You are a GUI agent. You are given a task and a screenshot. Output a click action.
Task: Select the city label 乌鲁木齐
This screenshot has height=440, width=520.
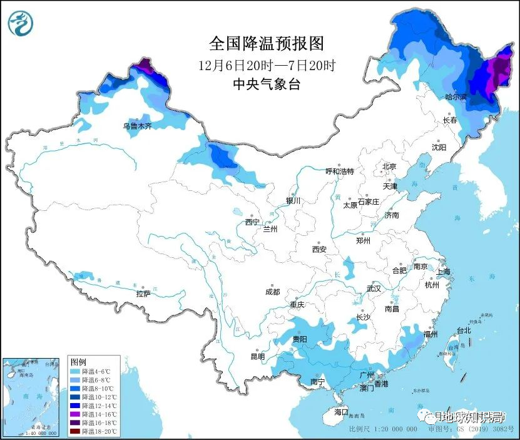click(x=137, y=126)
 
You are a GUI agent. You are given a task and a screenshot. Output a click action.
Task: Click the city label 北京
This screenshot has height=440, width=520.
click(x=389, y=166)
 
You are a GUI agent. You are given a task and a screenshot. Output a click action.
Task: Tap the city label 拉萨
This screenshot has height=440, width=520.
click(x=143, y=293)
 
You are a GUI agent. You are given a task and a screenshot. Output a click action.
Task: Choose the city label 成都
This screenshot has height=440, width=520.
click(x=272, y=292)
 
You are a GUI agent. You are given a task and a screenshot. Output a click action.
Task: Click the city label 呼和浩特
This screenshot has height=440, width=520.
click(x=340, y=171)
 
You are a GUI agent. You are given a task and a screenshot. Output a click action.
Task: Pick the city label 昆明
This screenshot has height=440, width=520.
click(x=257, y=356)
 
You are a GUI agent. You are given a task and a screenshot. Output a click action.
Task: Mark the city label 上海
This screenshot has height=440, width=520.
click(x=443, y=272)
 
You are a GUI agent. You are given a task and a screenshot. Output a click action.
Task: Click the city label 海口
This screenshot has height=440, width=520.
click(x=340, y=412)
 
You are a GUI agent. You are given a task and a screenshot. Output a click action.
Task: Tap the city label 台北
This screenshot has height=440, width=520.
click(x=463, y=330)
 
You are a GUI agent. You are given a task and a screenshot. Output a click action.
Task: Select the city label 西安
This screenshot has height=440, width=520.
click(x=319, y=249)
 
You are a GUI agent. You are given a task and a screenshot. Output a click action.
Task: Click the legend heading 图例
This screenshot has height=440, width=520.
click(x=78, y=362)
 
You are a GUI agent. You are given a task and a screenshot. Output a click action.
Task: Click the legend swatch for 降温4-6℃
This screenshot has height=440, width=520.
click(x=74, y=371)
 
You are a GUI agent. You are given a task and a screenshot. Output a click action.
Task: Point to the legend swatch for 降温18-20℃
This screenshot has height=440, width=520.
click(x=74, y=431)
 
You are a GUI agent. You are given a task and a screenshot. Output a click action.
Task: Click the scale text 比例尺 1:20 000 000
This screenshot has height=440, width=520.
click(x=382, y=430)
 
